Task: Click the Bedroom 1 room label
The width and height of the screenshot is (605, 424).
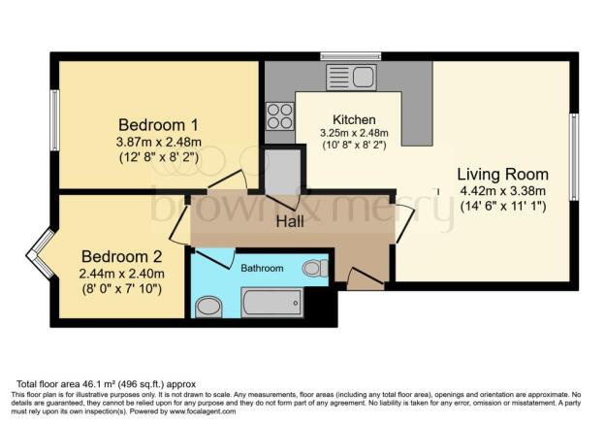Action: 159,125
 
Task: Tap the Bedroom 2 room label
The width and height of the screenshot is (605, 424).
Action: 122,256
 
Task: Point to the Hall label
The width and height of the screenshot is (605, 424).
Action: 295,222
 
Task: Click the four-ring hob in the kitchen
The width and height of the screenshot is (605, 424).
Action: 279,116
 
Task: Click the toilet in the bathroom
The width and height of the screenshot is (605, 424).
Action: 315,268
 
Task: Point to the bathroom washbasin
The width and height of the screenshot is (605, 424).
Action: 208,308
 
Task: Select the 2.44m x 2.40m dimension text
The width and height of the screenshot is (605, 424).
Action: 122,273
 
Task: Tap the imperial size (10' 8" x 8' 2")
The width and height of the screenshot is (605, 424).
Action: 354,145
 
